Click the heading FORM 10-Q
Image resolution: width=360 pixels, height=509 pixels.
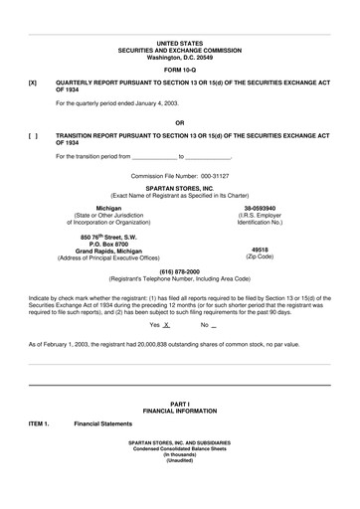(179, 71)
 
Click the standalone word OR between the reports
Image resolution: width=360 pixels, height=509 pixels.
(179, 122)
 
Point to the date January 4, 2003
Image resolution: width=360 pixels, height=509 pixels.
(155, 103)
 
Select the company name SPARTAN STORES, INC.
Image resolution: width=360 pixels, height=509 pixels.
(179, 187)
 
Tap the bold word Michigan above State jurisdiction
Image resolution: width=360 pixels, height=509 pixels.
(108, 208)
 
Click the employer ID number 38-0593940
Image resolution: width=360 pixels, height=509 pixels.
(253, 208)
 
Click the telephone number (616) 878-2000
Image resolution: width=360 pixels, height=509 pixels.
(179, 271)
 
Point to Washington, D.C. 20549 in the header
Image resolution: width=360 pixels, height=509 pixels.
(179, 58)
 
